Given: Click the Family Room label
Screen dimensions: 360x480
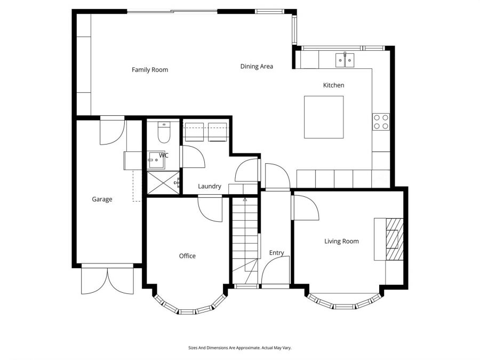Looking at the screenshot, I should (x=150, y=70).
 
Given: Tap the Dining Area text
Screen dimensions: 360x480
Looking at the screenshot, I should (x=257, y=67).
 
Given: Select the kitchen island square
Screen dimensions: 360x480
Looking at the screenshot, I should (x=324, y=117).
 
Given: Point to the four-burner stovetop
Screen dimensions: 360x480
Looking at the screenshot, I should (x=381, y=122).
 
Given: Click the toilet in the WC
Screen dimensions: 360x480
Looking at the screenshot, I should (x=164, y=133).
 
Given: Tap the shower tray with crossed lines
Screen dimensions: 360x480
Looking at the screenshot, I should (x=163, y=183).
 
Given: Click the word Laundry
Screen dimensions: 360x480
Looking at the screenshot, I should (x=209, y=186).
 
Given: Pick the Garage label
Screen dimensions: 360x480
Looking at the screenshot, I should (x=102, y=199).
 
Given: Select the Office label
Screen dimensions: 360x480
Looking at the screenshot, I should (x=187, y=256).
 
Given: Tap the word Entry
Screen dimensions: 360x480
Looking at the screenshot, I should (x=276, y=253).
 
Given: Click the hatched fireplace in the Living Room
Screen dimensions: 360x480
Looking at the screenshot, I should (x=394, y=238).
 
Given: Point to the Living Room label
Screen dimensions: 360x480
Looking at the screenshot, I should (x=341, y=242).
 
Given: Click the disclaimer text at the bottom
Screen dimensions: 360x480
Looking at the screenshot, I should (x=239, y=348).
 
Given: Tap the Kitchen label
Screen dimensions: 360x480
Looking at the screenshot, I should (x=333, y=85).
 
